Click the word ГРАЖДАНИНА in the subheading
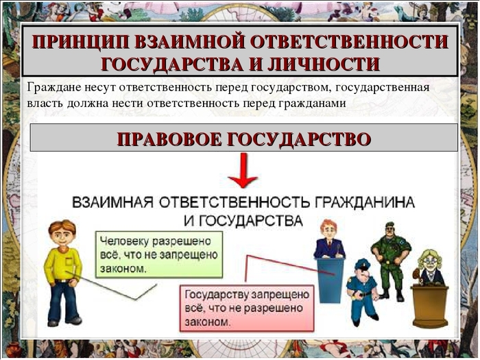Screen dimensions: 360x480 (x=364, y=203)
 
